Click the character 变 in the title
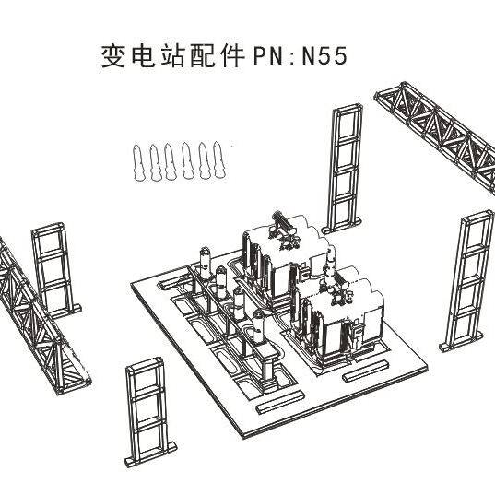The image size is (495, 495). click(113, 56)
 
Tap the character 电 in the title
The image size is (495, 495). click(143, 56)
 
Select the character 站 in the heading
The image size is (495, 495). click(172, 56)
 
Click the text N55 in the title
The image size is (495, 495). click(324, 56)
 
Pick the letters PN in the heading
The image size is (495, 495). click(267, 56)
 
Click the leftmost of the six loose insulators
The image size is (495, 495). click(138, 162)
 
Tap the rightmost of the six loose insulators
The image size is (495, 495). click(219, 159)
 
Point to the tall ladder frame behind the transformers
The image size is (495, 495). click(343, 168)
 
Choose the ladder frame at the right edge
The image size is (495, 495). click(466, 281)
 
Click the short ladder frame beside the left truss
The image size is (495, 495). click(55, 271)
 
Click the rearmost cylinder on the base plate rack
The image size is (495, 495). click(206, 264)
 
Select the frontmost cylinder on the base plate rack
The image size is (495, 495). click(258, 326)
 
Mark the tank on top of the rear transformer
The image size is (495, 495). click(283, 225)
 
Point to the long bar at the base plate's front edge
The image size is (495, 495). click(280, 402)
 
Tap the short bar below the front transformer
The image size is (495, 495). click(366, 371)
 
